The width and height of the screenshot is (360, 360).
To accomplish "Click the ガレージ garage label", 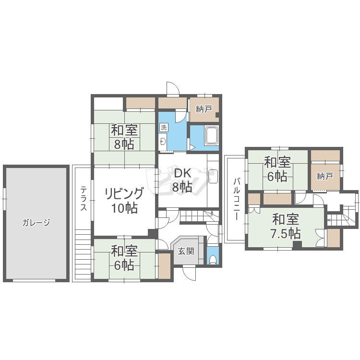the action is (36, 222).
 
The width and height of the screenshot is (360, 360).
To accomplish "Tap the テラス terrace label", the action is (84, 198).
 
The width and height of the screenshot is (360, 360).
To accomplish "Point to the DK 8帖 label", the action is (182, 180).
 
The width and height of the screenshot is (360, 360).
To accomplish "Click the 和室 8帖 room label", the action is (124, 137).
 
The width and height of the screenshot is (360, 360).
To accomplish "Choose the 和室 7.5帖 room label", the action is (286, 227).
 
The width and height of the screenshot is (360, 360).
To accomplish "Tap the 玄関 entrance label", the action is (186, 251).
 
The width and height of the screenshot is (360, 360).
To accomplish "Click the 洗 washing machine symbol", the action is (164, 127).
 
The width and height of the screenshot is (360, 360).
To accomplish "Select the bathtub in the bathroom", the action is (212, 135).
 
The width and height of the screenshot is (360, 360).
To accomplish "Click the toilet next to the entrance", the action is (213, 259).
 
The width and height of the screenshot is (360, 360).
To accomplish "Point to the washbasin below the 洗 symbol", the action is (163, 142).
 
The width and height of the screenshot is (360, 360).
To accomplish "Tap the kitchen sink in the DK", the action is (213, 176).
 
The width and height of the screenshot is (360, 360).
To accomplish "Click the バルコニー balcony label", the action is (237, 199).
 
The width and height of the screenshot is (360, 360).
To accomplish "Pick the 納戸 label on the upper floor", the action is (325, 177).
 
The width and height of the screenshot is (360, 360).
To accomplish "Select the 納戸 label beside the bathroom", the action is (204, 109).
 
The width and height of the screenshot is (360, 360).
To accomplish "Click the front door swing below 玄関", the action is (190, 273).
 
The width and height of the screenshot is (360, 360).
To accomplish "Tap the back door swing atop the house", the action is (173, 88).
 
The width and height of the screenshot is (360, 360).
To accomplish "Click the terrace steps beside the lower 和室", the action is (83, 254).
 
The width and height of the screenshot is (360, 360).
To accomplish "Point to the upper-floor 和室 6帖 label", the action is (277, 169).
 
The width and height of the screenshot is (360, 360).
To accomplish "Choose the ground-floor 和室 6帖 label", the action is (124, 258).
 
